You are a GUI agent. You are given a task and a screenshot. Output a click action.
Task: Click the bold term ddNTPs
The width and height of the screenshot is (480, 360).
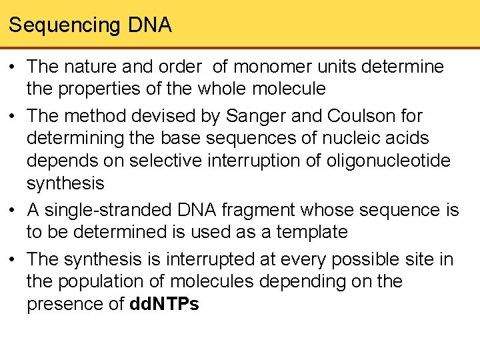click(x=163, y=305)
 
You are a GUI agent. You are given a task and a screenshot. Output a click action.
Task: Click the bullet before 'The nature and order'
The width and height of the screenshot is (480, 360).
click(x=14, y=67)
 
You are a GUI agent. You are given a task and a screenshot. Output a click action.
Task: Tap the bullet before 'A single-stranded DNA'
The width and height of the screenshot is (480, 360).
click(x=14, y=210)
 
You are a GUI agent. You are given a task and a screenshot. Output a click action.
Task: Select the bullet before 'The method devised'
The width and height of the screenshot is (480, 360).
click(x=14, y=116)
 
